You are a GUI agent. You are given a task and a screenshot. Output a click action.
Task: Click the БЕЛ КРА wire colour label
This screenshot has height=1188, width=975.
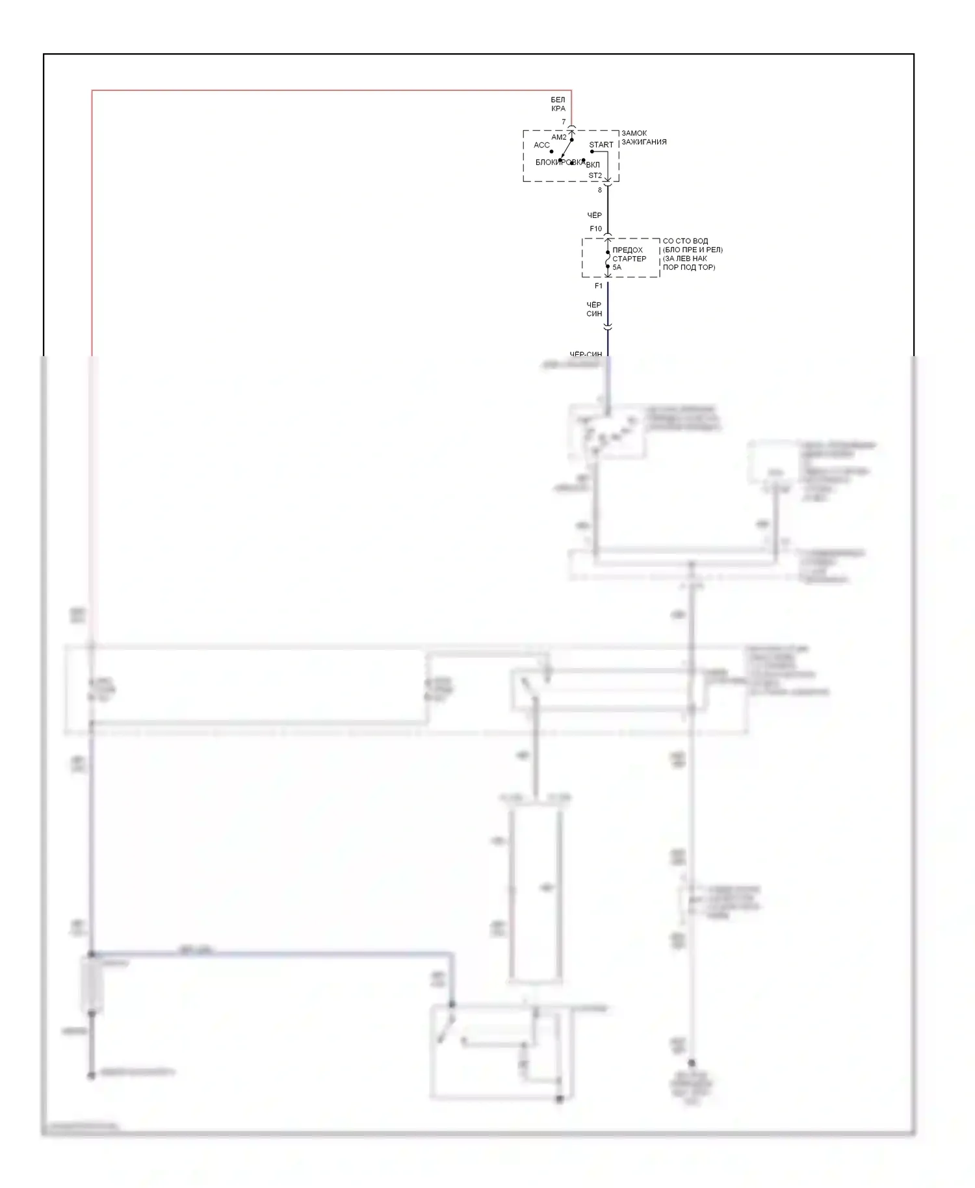click(x=558, y=104)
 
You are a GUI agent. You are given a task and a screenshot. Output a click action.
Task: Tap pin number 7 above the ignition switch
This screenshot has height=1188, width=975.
click(x=564, y=122)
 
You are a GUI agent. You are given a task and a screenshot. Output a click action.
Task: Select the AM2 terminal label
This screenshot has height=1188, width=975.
click(x=559, y=138)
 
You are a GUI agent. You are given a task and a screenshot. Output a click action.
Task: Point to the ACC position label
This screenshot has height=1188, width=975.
click(x=541, y=145)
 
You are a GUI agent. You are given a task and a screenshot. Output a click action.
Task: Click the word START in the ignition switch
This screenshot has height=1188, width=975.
click(x=601, y=145)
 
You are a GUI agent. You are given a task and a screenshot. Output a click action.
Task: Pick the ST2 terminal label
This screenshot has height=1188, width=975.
click(x=595, y=175)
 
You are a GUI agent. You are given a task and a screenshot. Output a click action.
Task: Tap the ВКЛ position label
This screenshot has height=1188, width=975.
click(x=593, y=165)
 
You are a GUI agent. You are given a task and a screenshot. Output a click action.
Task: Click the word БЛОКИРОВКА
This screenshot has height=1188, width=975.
click(x=558, y=162)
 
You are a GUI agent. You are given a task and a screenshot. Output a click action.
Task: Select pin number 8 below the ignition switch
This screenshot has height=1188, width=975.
click(x=600, y=190)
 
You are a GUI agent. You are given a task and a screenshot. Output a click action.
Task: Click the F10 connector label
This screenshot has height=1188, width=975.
click(x=595, y=229)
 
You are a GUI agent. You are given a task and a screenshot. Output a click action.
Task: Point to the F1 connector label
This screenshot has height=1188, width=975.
click(x=599, y=286)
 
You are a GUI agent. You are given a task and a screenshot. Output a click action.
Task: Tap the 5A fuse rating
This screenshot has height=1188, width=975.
click(x=617, y=267)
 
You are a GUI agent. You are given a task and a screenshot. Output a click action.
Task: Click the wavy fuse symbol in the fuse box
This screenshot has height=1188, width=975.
click(x=608, y=259)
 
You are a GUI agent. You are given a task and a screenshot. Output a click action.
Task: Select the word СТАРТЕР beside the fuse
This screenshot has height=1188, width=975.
click(x=629, y=259)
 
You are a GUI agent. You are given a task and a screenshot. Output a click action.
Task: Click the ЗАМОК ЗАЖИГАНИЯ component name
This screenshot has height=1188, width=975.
click(x=643, y=138)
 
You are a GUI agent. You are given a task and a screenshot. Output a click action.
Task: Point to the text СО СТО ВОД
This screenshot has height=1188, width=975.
click(x=685, y=241)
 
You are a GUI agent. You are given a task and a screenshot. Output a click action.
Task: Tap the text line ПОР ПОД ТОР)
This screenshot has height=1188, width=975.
click(x=688, y=267)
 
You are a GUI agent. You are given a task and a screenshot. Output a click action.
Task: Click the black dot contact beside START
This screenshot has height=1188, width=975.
click(x=591, y=152)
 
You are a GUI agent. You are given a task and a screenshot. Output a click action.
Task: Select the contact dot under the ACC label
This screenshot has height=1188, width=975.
click(x=551, y=152)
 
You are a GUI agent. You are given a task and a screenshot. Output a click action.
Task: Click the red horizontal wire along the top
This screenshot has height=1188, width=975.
click(x=325, y=90)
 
